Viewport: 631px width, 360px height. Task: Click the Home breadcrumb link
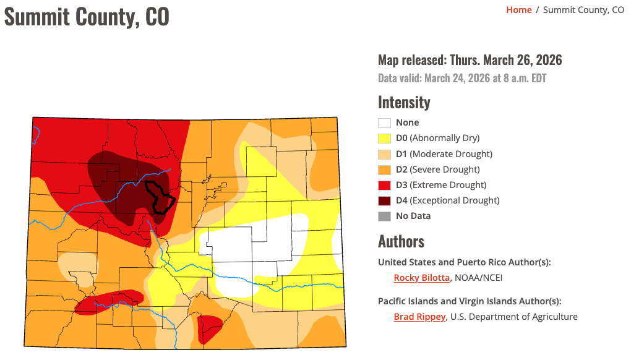click(518, 10)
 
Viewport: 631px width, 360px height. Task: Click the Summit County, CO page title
click(87, 16)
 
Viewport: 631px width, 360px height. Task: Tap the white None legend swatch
click(385, 123)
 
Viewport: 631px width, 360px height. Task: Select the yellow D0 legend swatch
click(385, 139)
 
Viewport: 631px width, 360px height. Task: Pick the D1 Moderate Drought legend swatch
click(385, 154)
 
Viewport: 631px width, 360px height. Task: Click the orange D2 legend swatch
click(385, 169)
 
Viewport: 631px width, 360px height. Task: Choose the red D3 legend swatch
click(385, 185)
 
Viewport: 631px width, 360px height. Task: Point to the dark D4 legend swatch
click(385, 200)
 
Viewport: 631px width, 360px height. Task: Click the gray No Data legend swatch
click(385, 216)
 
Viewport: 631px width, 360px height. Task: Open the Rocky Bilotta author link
click(421, 278)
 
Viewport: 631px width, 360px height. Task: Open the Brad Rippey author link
click(419, 317)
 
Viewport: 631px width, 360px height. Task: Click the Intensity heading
click(404, 102)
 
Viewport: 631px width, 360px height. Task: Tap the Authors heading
click(401, 241)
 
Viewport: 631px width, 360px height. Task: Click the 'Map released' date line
click(470, 60)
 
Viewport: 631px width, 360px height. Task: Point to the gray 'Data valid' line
click(461, 79)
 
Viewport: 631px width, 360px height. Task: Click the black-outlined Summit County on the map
click(159, 197)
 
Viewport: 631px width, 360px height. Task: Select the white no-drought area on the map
click(260, 247)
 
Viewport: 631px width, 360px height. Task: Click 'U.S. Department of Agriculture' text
click(514, 317)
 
